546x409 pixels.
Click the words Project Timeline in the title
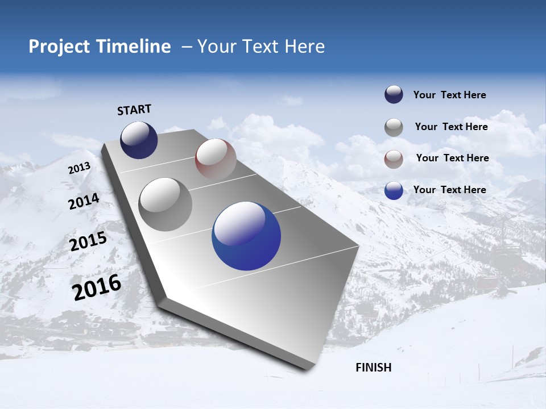(100, 47)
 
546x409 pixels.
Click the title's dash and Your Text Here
(253, 47)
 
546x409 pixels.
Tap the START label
(134, 110)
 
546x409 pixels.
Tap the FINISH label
(374, 368)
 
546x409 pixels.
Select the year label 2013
(79, 168)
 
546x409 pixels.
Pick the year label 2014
(84, 201)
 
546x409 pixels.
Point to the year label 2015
(88, 241)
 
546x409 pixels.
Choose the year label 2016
(97, 287)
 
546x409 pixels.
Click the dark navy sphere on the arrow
(139, 140)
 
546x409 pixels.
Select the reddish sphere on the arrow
(216, 159)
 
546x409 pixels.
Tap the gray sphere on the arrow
(166, 204)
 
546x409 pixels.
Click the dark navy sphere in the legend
(394, 95)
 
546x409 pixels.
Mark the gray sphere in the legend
(394, 127)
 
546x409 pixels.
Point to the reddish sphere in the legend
(394, 159)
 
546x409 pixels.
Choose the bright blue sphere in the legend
(394, 190)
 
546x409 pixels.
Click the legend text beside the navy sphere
(449, 95)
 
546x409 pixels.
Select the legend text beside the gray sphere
(451, 127)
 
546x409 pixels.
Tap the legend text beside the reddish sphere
(452, 158)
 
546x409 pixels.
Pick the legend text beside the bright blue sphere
(449, 190)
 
